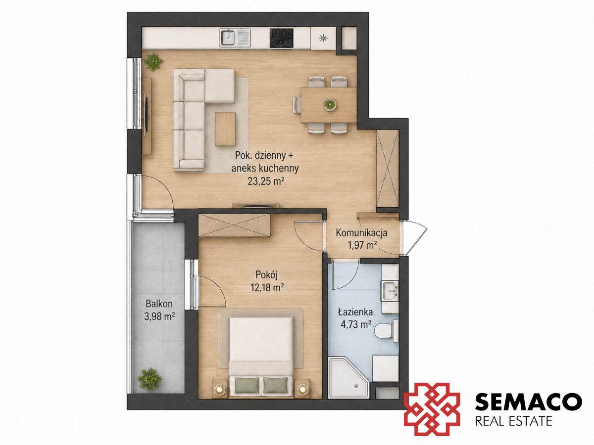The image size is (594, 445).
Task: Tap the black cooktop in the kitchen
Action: pos(282,38)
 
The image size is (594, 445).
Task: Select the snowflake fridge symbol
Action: pos(323,38)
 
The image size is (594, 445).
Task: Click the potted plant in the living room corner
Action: pos(153,62)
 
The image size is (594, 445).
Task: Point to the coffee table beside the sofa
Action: pos(225,129)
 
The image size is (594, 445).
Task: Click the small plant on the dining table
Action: pos(330,104)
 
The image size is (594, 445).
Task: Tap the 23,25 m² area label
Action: pos(265,181)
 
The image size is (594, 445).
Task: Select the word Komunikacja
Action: pos(361,232)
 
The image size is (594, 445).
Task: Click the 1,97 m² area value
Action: pos(362,245)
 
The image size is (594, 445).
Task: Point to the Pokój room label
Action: pos(267,275)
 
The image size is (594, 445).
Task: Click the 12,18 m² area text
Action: pos(267,288)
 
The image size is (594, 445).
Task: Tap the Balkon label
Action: pos(159,304)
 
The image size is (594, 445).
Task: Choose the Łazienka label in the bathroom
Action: pos(355,312)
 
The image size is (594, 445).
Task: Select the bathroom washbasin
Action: pos(390,291)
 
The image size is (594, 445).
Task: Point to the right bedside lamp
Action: pos(302,389)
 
